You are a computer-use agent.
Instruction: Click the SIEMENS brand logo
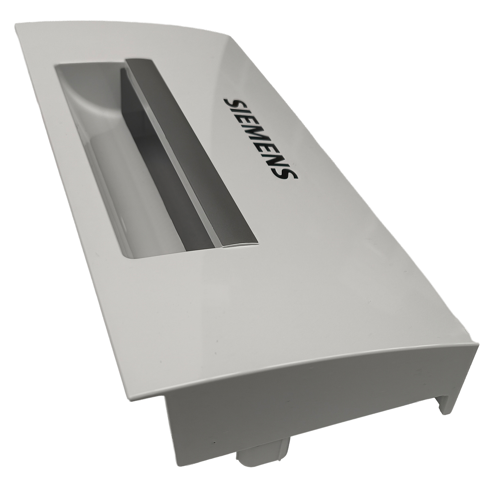(x=261, y=138)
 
